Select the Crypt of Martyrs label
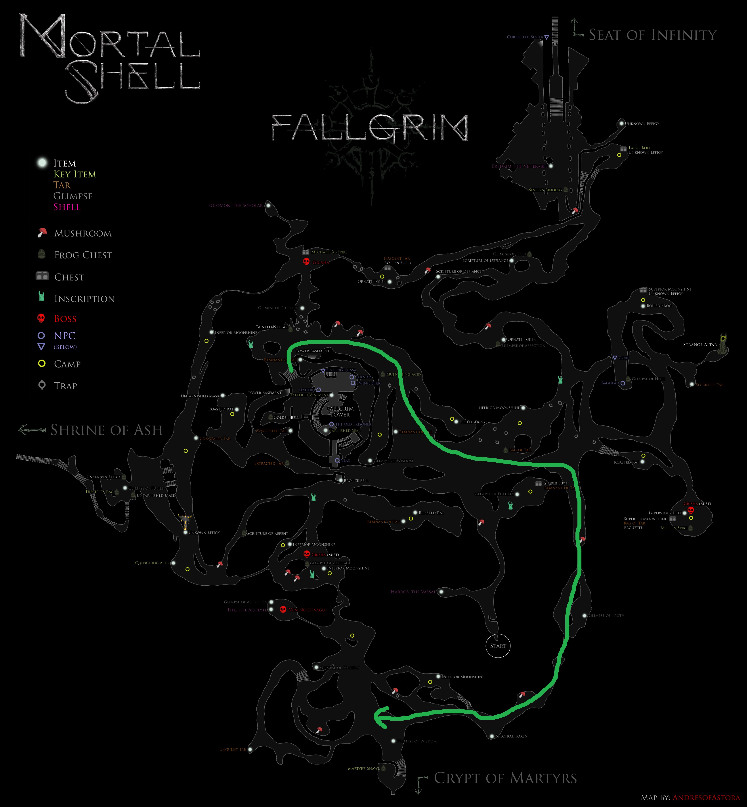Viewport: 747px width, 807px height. point(505,778)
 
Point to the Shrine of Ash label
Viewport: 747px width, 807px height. point(106,430)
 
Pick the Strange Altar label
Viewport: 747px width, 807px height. point(700,345)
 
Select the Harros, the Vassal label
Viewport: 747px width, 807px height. point(413,592)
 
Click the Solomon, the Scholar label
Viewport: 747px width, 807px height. point(235,205)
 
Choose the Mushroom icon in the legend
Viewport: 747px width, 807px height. point(42,233)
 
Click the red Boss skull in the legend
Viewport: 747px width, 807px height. point(41,318)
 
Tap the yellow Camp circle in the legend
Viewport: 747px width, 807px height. point(42,364)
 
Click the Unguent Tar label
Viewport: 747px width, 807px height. point(232,749)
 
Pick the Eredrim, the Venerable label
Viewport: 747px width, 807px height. point(520,166)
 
